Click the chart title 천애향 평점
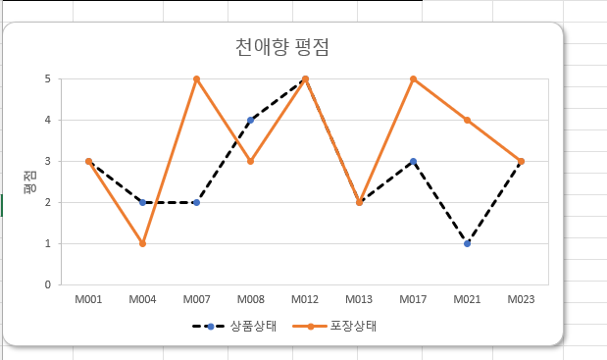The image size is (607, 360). click(282, 47)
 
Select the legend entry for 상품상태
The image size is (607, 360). click(234, 327)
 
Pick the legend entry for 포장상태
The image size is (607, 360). click(334, 327)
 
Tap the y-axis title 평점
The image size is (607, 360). click(30, 182)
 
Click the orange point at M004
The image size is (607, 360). click(142, 243)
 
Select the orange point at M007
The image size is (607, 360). click(197, 79)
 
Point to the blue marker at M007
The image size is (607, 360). click(197, 202)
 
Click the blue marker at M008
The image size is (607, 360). click(250, 120)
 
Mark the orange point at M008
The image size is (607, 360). click(250, 161)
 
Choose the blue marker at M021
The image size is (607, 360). click(467, 243)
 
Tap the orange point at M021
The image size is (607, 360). click(467, 120)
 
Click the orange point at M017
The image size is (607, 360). click(413, 79)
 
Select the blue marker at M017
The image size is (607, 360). click(413, 161)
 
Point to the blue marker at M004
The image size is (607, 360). click(142, 202)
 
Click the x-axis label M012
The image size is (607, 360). click(305, 299)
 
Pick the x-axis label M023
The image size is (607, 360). click(521, 299)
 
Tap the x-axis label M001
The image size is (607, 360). click(88, 299)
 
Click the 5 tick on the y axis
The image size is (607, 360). click(48, 79)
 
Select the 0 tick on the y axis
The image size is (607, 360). click(48, 284)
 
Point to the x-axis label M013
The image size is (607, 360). click(359, 299)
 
